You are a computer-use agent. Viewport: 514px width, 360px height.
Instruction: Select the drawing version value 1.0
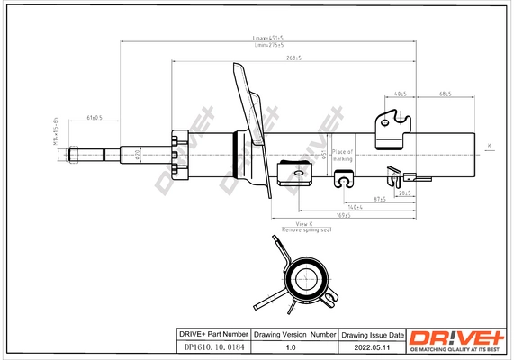[290, 346]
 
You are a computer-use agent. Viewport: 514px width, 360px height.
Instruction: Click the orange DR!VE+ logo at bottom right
[458, 337]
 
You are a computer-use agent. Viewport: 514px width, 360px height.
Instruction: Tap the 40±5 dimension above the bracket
[400, 94]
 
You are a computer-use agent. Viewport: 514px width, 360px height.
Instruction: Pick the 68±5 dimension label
[445, 94]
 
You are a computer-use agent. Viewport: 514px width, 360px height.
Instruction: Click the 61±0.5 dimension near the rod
[94, 118]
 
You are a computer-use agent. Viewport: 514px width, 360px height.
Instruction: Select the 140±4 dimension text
[356, 206]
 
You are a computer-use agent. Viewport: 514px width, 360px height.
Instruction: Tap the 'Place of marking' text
[343, 155]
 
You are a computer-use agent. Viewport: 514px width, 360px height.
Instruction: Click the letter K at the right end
[489, 145]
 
